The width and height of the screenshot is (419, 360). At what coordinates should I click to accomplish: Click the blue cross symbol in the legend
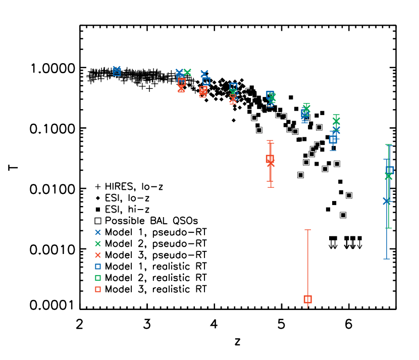coord(98,232)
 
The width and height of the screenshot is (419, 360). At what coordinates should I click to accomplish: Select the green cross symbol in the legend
coord(98,244)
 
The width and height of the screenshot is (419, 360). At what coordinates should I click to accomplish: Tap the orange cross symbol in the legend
coord(98,255)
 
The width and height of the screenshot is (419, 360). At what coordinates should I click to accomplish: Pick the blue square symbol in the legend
coord(98,267)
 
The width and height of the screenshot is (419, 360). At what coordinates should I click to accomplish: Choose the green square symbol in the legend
coord(98,278)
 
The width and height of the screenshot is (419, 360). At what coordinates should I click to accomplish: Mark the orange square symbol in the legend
coord(98,289)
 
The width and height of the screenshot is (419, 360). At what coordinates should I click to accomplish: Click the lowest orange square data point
coord(307,299)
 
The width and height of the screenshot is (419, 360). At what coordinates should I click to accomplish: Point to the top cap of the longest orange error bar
coord(307,230)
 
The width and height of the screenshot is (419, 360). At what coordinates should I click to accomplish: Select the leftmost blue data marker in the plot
coord(117,71)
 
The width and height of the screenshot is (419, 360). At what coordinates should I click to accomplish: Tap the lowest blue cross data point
coord(387,201)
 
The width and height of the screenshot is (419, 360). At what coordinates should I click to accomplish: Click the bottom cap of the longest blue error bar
coord(387,259)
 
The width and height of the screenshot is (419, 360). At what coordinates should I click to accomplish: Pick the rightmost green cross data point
coord(388,176)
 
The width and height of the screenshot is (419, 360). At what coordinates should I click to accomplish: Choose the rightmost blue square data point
coord(390,170)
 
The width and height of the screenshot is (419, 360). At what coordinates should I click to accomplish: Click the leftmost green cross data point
coord(187,72)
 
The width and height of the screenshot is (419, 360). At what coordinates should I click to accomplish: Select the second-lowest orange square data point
coord(270,159)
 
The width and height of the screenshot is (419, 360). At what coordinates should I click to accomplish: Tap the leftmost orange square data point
coord(181,82)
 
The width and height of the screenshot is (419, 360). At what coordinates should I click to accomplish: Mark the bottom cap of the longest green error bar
coord(389,228)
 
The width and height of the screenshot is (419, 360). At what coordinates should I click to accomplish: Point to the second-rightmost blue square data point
coord(333,139)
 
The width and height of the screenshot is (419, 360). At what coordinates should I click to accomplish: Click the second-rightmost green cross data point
coord(336,121)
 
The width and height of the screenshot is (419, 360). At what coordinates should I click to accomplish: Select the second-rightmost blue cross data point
coord(336,130)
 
